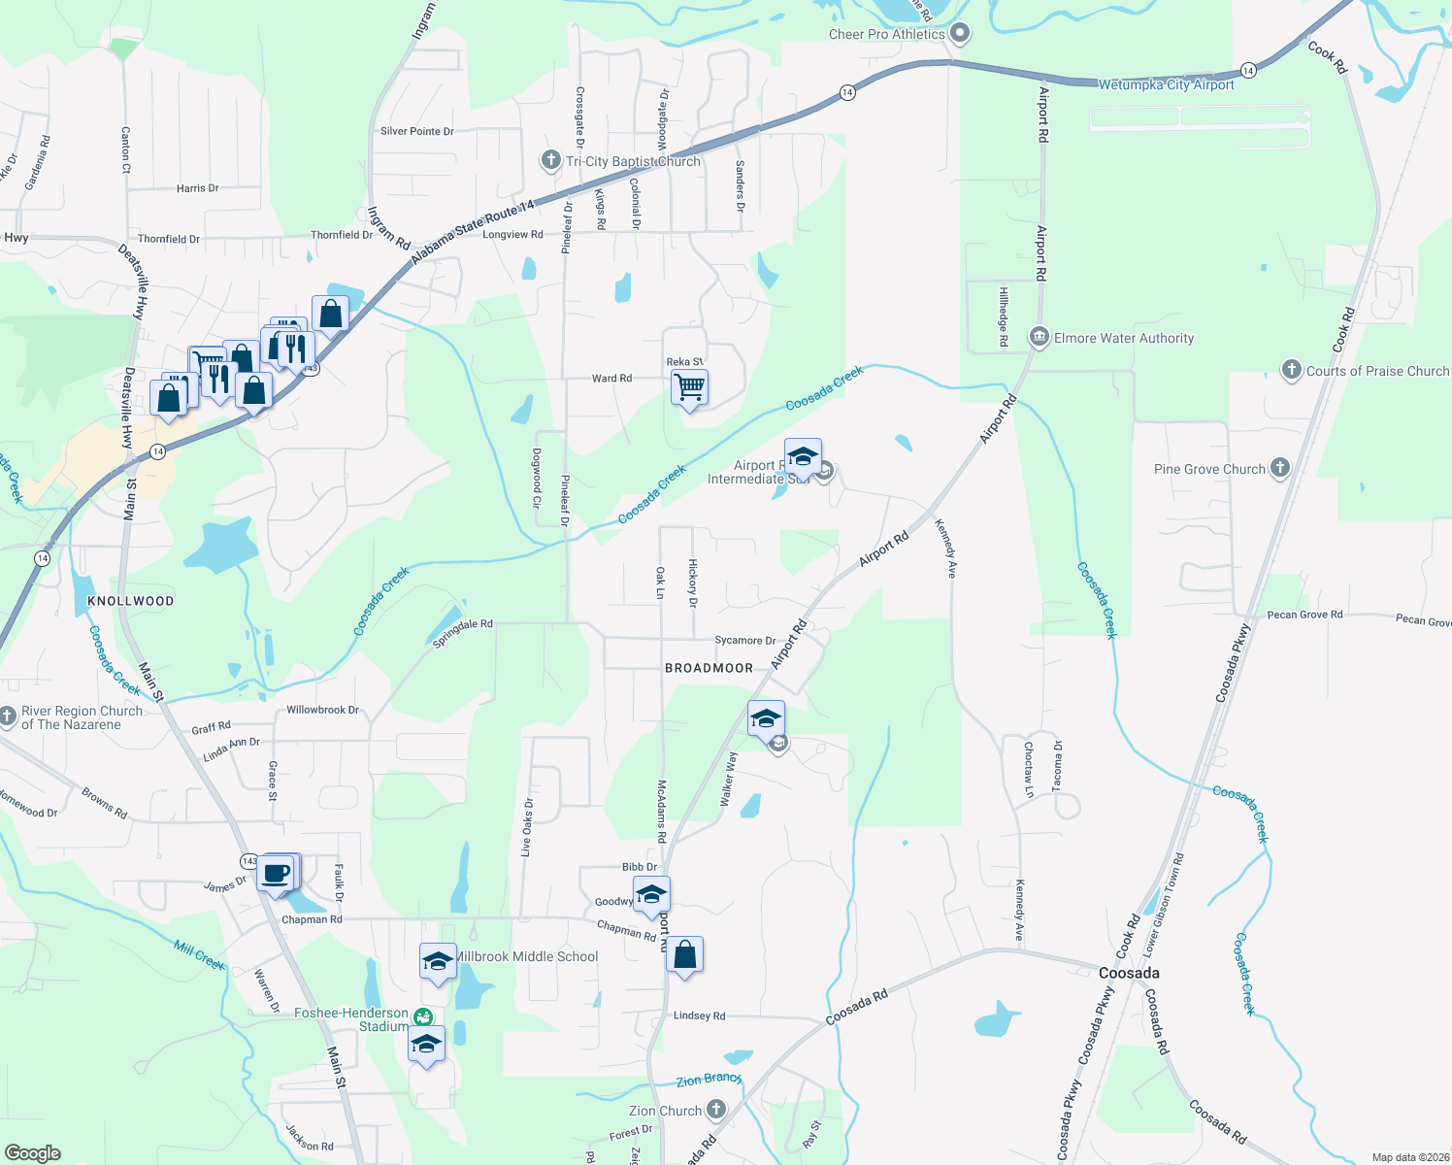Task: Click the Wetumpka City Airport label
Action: [x=1166, y=85]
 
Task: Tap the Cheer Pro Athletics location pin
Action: [x=960, y=33]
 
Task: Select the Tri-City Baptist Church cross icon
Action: [x=550, y=160]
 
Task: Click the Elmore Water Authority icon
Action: [x=1039, y=337]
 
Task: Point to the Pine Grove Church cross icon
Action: [x=1279, y=468]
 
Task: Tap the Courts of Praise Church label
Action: [x=1377, y=371]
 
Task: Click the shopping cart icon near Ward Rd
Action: [x=689, y=386]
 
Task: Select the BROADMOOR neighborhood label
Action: [x=709, y=668]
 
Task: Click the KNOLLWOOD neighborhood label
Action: [x=130, y=601]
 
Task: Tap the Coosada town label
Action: [x=1129, y=973]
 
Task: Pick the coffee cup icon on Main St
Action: [x=277, y=872]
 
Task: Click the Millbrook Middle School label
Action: [x=526, y=956]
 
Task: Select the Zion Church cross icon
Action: [x=715, y=1109]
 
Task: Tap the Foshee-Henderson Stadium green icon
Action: [x=422, y=1016]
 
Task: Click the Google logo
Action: [x=33, y=1153]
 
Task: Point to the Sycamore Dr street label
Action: [x=744, y=641]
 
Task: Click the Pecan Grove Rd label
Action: [x=1304, y=615]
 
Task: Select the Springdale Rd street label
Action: [x=462, y=633]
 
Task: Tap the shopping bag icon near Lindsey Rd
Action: [x=684, y=954]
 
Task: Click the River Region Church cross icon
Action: [x=8, y=716]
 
